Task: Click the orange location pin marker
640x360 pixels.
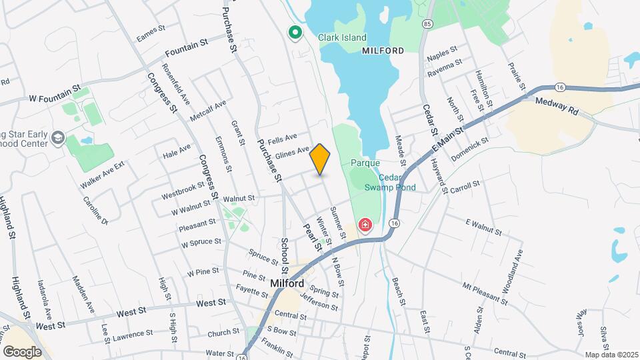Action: point(320,159)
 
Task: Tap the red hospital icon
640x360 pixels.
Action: point(365,225)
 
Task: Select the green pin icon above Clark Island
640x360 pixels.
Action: point(294,32)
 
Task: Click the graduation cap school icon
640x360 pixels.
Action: point(58,138)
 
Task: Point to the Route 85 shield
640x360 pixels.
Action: point(427,24)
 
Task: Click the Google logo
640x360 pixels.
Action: point(22,351)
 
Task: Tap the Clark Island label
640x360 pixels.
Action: point(342,37)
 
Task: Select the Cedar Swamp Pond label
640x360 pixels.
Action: point(390,183)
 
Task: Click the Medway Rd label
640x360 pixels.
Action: point(556,106)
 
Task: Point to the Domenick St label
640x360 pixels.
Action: point(470,149)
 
